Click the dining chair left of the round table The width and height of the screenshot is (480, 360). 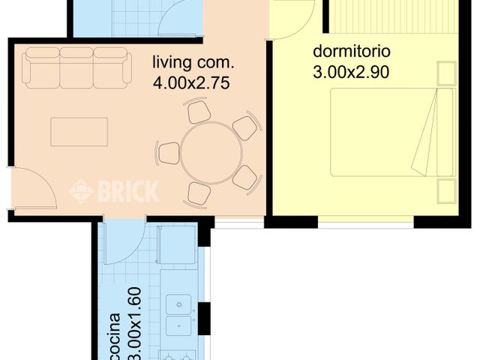coord(169,152)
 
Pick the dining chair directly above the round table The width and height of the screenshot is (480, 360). coord(199,112)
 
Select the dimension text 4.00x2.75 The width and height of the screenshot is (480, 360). coord(190,81)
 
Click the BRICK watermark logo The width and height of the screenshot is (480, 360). coord(114,191)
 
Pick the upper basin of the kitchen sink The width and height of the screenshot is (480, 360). coord(180,304)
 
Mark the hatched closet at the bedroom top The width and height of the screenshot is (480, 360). coord(394,15)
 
